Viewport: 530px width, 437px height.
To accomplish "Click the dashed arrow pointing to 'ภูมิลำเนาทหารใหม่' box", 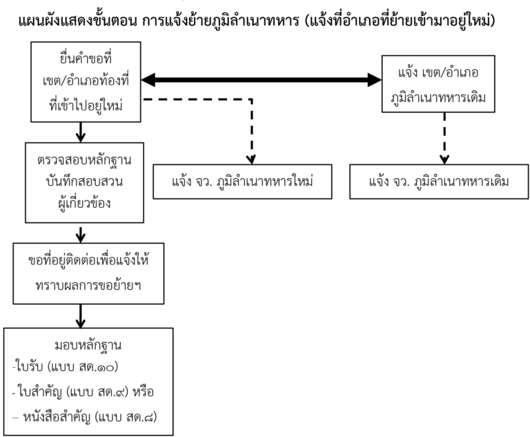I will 251,131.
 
